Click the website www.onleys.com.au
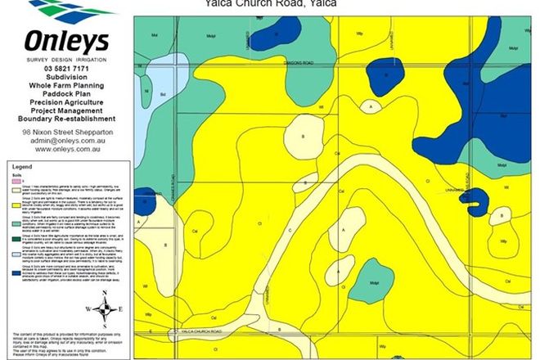(x=66, y=151)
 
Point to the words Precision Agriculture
(x=66, y=102)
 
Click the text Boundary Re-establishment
(x=66, y=119)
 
